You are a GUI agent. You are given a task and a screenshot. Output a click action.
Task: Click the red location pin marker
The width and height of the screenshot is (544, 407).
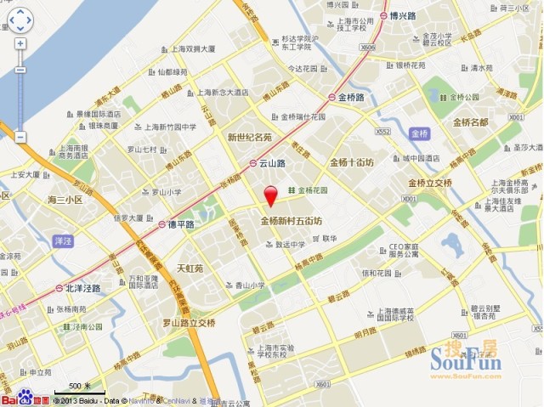pos(271,195)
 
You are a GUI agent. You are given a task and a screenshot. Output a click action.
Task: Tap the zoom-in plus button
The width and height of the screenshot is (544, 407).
pos(20,43)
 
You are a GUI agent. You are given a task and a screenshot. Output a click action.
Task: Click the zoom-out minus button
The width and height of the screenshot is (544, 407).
pos(20,136)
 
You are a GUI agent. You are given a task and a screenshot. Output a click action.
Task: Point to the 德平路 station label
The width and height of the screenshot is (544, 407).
pos(179,224)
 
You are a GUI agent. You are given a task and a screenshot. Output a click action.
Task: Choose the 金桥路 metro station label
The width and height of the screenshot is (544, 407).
pos(351,98)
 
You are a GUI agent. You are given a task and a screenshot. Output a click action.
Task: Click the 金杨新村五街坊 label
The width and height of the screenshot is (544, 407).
pos(291,222)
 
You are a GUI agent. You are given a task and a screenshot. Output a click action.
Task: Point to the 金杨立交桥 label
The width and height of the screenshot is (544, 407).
pos(431,184)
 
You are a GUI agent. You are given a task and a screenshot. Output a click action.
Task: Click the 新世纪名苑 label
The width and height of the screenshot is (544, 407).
pos(249,137)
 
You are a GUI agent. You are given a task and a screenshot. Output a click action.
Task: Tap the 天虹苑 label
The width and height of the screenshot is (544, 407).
pos(190,268)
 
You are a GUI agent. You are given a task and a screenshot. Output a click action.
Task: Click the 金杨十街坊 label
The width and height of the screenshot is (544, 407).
pos(352,161)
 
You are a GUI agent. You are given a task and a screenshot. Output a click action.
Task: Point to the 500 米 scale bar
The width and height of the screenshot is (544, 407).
pos(81,387)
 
